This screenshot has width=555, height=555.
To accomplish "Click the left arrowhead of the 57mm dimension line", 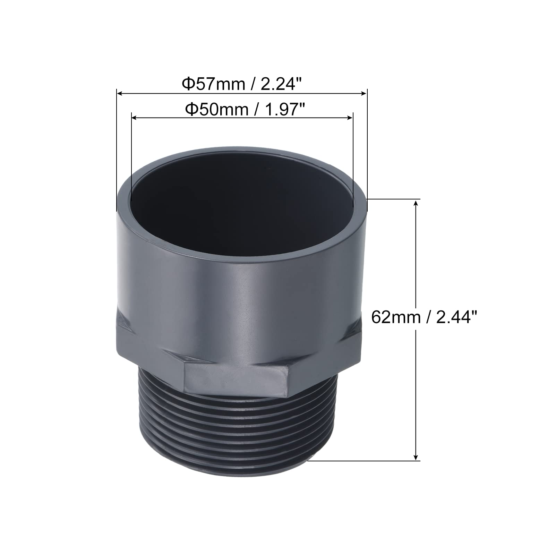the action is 120,93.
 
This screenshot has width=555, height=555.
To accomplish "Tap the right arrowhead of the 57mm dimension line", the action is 363,93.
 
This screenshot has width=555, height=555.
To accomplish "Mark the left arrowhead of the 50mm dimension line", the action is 135,118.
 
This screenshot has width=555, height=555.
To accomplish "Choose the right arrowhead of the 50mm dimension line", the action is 349,118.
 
